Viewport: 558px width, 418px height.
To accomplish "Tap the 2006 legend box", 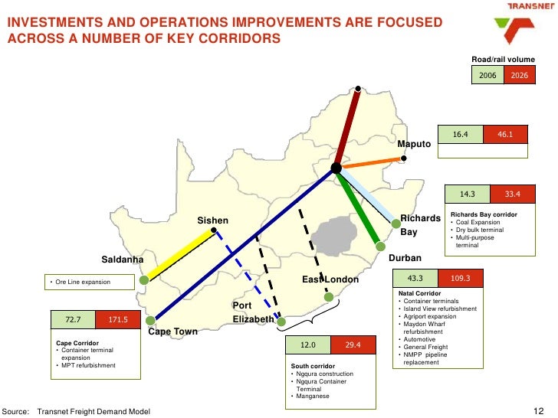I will (x=488, y=76).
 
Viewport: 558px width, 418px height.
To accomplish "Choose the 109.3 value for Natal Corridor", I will (x=461, y=278).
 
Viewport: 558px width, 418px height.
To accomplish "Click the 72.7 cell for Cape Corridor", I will (x=74, y=318).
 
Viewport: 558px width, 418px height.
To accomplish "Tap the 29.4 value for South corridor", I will (x=353, y=346).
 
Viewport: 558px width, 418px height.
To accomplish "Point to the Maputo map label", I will (x=414, y=144).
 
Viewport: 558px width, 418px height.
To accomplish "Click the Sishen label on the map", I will (x=213, y=220).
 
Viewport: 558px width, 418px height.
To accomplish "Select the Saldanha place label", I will (x=123, y=260).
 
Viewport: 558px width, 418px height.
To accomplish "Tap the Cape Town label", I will (x=172, y=331).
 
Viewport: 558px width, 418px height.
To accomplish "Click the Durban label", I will (x=405, y=258).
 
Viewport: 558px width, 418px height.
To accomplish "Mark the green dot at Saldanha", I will (x=144, y=280).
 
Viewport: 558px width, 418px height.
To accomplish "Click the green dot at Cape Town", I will (x=154, y=322).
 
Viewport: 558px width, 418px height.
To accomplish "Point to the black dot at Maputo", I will (x=405, y=158).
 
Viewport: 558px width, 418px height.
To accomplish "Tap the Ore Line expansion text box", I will (x=92, y=282).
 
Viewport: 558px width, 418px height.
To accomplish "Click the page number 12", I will (x=537, y=411).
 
